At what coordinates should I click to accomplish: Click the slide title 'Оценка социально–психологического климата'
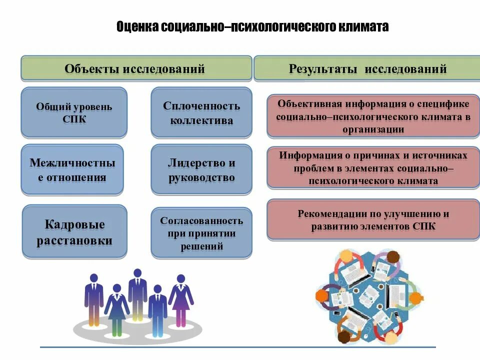coord(252,26)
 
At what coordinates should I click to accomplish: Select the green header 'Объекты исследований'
coord(135,68)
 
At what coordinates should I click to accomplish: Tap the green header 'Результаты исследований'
coord(367,68)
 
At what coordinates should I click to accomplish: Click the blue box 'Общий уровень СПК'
coord(74,113)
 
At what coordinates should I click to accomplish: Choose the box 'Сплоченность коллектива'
coord(201,113)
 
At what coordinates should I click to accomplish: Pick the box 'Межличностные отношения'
coord(72,170)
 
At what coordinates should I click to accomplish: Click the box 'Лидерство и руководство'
coord(201,170)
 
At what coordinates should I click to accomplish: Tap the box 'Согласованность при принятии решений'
coord(201,233)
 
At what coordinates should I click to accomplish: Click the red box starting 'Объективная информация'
coord(373,116)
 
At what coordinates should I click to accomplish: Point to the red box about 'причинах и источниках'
coord(373,168)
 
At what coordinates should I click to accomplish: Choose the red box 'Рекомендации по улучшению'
coord(373,220)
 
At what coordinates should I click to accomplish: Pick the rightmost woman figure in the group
coord(180,300)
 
